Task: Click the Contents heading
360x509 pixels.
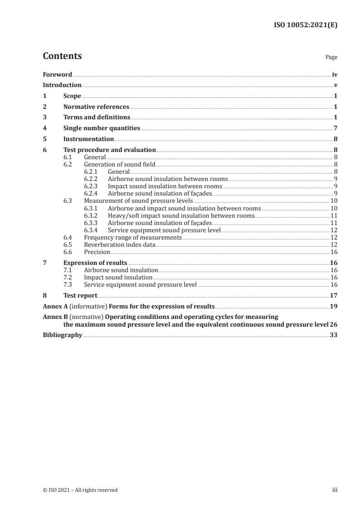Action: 62,56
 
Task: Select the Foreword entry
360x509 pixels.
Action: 57,74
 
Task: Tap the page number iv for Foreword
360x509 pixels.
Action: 335,74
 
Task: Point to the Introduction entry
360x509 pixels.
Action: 62,85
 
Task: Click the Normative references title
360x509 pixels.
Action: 96,107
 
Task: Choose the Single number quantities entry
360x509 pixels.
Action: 102,128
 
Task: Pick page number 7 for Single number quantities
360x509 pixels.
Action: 335,128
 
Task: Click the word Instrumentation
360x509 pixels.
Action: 89,139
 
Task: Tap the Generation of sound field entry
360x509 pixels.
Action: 120,164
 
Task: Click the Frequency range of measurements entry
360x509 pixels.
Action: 133,237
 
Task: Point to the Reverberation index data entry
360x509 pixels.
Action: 120,245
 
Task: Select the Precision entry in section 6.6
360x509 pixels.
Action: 97,252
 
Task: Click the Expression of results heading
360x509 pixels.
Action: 95,263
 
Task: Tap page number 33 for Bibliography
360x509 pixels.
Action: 334,335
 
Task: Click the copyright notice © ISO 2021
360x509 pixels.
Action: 80,490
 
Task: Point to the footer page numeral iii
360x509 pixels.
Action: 335,490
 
